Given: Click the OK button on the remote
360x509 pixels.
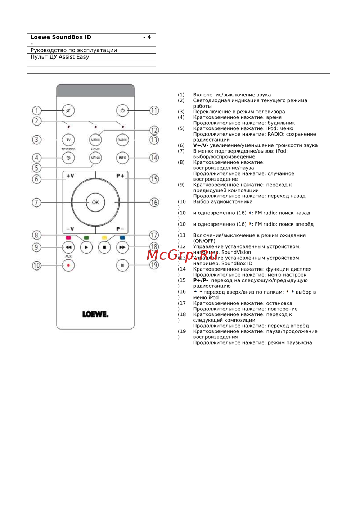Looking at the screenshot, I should (95, 203).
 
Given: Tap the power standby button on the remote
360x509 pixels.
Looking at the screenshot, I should (122, 110).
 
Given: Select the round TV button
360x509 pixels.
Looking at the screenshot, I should (68, 140).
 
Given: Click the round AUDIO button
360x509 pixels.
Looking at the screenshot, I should (95, 140).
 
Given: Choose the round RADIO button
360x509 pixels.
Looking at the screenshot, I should (122, 140).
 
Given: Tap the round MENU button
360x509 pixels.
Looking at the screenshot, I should (95, 158).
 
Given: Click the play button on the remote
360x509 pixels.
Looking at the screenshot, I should (86, 247).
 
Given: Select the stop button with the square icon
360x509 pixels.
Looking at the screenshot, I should (104, 247).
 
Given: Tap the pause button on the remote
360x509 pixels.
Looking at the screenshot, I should (122, 265).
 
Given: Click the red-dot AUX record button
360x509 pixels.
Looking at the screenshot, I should (68, 265).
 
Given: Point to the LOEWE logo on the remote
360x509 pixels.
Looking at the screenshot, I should (95, 314).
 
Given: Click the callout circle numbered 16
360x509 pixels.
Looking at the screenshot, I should (154, 203).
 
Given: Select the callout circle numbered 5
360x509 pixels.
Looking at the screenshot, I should (36, 168).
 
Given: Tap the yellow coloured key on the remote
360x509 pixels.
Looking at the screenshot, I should (104, 238).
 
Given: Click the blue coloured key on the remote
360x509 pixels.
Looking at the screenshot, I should (122, 238).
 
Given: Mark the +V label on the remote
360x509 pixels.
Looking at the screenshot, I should (70, 176).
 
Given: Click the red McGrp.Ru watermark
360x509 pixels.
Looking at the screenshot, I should (182, 255).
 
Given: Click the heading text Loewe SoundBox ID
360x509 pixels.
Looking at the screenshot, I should (61, 37).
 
